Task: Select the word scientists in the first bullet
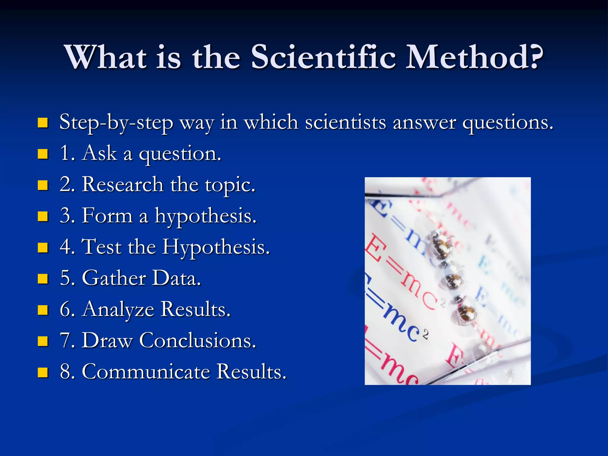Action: (346, 122)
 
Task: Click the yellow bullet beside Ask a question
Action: (43, 154)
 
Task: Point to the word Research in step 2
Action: (123, 184)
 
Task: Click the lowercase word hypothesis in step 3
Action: (205, 216)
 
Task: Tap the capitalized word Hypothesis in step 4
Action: (216, 247)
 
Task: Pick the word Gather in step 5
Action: (114, 278)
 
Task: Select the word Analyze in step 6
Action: (118, 309)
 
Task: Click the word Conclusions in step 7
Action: (198, 340)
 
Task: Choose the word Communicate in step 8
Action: (146, 371)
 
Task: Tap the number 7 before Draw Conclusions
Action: (65, 341)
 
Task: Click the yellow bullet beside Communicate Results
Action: (43, 372)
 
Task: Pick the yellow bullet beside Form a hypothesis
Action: (43, 216)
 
